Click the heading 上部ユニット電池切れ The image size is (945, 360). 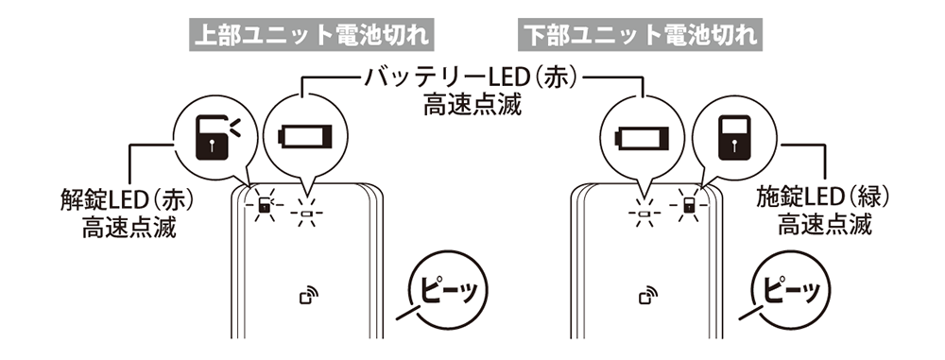tap(310, 35)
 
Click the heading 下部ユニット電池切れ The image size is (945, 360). tap(642, 35)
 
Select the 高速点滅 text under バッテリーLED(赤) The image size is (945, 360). tap(471, 104)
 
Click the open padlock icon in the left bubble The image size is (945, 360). tap(213, 136)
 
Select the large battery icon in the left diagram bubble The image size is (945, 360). tap(303, 138)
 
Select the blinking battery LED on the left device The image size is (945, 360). tap(304, 212)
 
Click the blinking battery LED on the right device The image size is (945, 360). tap(643, 212)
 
